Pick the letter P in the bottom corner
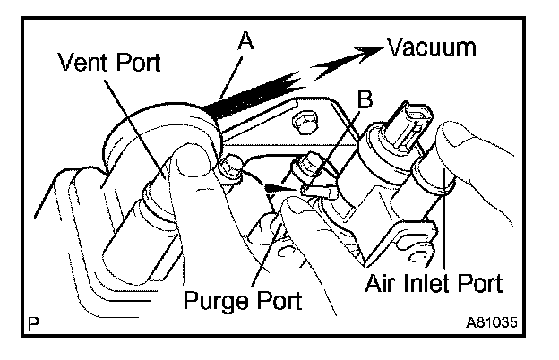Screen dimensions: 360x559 click(x=33, y=321)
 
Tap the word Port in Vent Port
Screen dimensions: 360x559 click(x=137, y=63)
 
